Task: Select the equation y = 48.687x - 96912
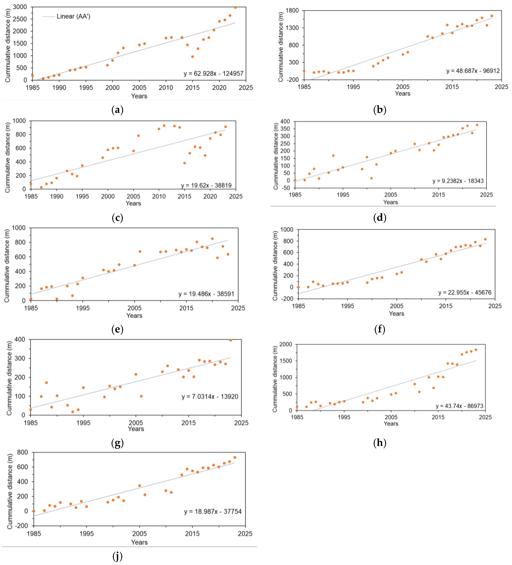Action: point(473,71)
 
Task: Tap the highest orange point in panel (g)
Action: point(231,340)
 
